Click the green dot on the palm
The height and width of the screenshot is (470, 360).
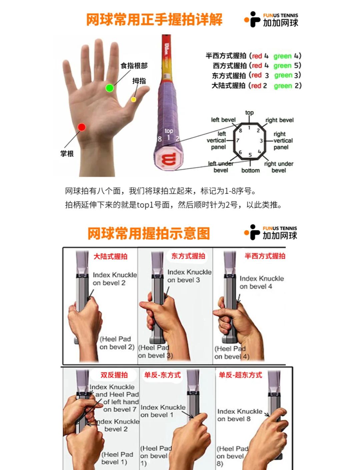pyautogui.click(x=109, y=88)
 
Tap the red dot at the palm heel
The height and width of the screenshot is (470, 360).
pyautogui.click(x=82, y=127)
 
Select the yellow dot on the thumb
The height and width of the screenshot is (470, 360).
pyautogui.click(x=134, y=99)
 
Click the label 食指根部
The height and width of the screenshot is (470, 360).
pyautogui.click(x=134, y=66)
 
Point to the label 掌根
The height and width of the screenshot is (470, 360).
pyautogui.click(x=67, y=154)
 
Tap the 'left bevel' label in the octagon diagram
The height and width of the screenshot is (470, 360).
pyautogui.click(x=223, y=120)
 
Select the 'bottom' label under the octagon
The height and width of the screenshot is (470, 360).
pyautogui.click(x=250, y=170)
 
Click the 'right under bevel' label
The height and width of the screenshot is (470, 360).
pyautogui.click(x=279, y=167)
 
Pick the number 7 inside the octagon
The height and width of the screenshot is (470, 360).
pyautogui.click(x=238, y=140)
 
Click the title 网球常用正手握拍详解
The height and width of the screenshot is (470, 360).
pyautogui.click(x=154, y=20)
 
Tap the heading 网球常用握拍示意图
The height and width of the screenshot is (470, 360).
pyautogui.click(x=149, y=233)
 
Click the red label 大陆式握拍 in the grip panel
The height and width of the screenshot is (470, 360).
pyautogui.click(x=110, y=257)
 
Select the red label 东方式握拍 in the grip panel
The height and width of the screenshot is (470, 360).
pyautogui.click(x=188, y=256)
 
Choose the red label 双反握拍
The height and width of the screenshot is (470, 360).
pyautogui.click(x=114, y=375)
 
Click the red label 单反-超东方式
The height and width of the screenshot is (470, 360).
pyautogui.click(x=240, y=375)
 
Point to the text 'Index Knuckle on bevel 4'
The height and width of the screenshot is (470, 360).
pyautogui.click(x=261, y=282)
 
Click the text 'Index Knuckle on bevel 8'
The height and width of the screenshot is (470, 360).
pyautogui.click(x=239, y=415)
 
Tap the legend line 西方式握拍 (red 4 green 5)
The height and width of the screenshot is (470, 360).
pyautogui.click(x=257, y=66)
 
